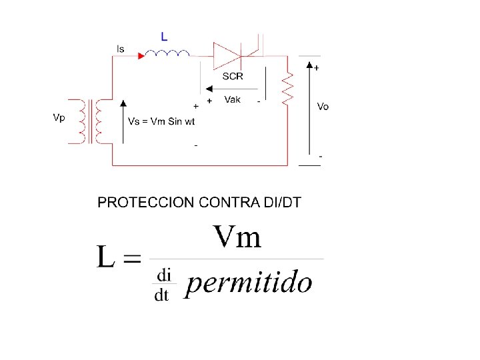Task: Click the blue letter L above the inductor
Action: pos(164,35)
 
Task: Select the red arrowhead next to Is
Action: pos(141,55)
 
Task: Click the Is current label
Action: pos(120,49)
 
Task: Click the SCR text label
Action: pos(233,76)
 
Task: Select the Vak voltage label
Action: pos(233,99)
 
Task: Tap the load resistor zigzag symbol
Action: pos(289,89)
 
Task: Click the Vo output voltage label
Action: pos(323,107)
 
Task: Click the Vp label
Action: pos(59,117)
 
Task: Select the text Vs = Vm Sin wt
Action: pos(161,122)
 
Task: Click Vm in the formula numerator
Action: pos(237,237)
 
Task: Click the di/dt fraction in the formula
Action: pos(163,285)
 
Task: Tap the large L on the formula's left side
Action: pos(107,257)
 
